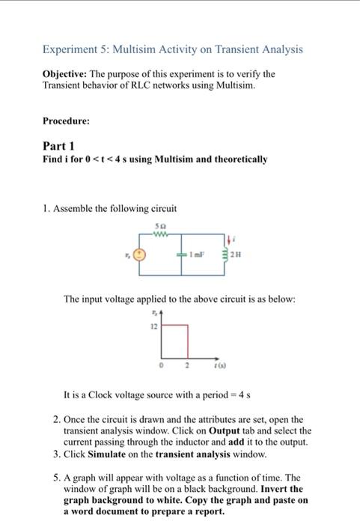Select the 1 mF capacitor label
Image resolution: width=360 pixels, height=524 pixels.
196,255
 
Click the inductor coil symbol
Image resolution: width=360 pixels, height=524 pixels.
228,255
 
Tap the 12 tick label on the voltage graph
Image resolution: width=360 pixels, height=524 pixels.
154,328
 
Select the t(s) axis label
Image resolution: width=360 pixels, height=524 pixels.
223,367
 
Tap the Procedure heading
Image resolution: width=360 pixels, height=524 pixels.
66,120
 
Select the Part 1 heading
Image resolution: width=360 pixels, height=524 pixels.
58,147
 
